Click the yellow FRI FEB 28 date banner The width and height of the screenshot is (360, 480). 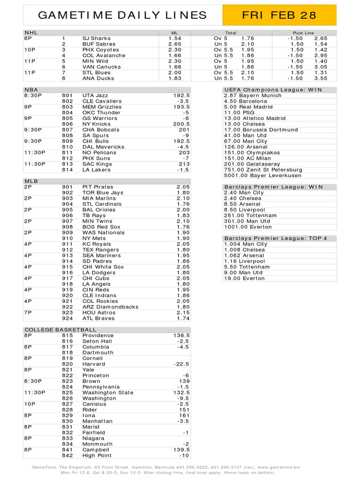click(279, 15)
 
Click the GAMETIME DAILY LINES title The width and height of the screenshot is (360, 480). click(122, 15)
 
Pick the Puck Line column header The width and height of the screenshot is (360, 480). click(303, 33)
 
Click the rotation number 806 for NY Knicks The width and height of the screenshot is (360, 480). click(67, 124)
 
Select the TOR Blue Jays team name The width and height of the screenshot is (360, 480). click(103, 193)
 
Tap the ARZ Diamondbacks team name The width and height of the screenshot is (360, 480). click(110, 307)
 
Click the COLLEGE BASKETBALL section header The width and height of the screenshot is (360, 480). click(60, 330)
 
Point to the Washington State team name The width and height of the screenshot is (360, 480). click(108, 392)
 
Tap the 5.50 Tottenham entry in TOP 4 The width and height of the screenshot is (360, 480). click(247, 267)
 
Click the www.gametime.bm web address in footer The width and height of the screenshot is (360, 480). click(278, 467)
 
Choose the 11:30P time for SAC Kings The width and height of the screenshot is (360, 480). click(35, 164)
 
